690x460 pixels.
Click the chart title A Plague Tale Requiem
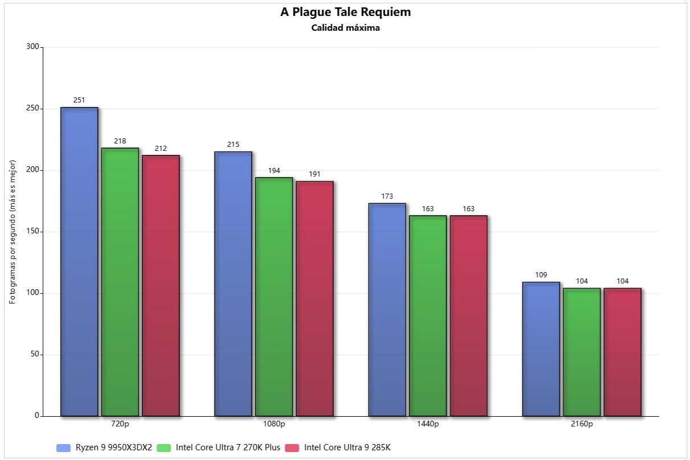[x=345, y=12]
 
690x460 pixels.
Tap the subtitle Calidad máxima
[x=345, y=28]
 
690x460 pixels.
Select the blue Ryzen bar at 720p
[x=79, y=261]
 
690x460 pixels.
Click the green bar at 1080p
[x=274, y=297]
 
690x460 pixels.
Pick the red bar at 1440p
[x=469, y=315]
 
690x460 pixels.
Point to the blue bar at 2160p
[x=541, y=348]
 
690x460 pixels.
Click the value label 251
[x=79, y=100]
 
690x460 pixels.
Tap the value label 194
[x=274, y=171]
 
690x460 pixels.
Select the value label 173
[x=387, y=196]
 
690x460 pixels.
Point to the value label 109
[x=541, y=275]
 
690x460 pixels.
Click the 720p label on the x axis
[x=120, y=424]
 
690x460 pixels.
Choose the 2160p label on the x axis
[x=581, y=424]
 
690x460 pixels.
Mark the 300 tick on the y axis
[x=33, y=47]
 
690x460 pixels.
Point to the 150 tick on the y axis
[x=33, y=232]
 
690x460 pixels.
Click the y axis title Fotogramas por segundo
[x=13, y=232]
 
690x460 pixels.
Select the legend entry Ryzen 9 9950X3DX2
[x=114, y=447]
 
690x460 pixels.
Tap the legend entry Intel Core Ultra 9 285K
[x=347, y=447]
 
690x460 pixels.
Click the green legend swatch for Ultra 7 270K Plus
[x=164, y=448]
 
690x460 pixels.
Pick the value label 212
[x=161, y=149]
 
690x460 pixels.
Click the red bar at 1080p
[x=314, y=298]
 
